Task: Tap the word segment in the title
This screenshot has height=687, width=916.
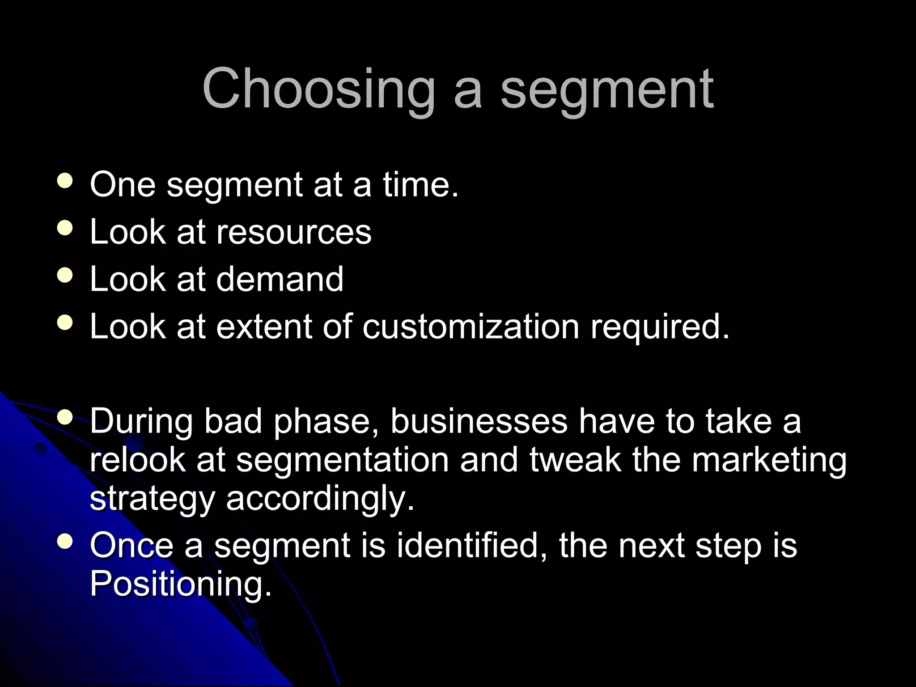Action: click(x=607, y=89)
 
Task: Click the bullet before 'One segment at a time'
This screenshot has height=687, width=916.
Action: click(x=65, y=182)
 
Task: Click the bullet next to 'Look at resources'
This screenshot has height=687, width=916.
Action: click(x=65, y=229)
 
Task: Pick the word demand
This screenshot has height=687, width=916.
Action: click(x=280, y=279)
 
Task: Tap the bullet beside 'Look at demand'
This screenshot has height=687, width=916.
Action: click(x=65, y=276)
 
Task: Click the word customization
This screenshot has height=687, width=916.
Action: click(x=471, y=327)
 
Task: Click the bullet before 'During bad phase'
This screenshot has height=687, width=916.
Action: click(x=65, y=418)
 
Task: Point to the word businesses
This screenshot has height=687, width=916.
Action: click(x=479, y=421)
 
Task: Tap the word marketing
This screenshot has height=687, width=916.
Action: click(x=769, y=461)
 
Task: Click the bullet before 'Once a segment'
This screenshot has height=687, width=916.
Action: click(x=65, y=542)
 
